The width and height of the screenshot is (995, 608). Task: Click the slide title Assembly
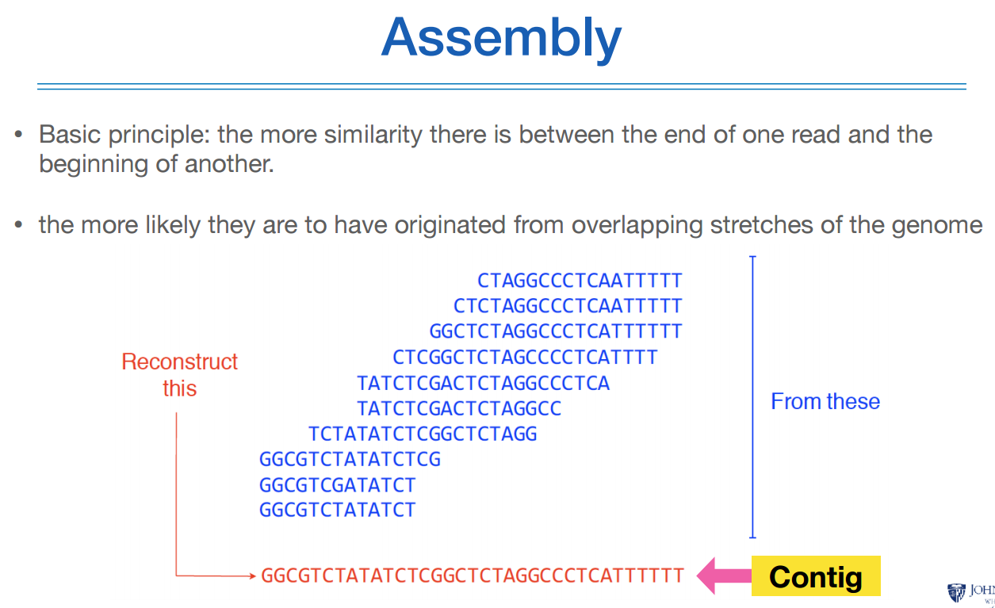501,37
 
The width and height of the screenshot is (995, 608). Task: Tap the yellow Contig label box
815,576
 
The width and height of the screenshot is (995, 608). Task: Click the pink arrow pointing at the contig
724,576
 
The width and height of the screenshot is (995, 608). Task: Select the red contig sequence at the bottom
472,576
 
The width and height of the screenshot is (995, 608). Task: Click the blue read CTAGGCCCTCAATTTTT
580,281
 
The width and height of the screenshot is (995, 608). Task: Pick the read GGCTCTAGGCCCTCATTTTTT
555,331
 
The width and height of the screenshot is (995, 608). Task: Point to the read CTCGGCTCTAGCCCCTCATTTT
525,358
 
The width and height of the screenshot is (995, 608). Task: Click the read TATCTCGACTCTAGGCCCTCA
483,384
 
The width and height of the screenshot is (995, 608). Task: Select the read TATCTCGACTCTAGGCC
459,409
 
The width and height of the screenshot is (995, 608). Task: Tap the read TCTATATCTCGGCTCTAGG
423,434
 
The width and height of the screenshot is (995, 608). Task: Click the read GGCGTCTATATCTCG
350,460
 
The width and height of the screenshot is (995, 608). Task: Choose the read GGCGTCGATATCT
337,485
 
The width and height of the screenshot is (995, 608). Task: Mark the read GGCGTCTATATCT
337,510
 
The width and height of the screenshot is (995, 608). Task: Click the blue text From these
825,401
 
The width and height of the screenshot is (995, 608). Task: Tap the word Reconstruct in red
179,362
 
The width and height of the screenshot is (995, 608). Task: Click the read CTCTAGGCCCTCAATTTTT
568,306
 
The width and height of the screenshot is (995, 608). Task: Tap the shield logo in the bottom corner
955,592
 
